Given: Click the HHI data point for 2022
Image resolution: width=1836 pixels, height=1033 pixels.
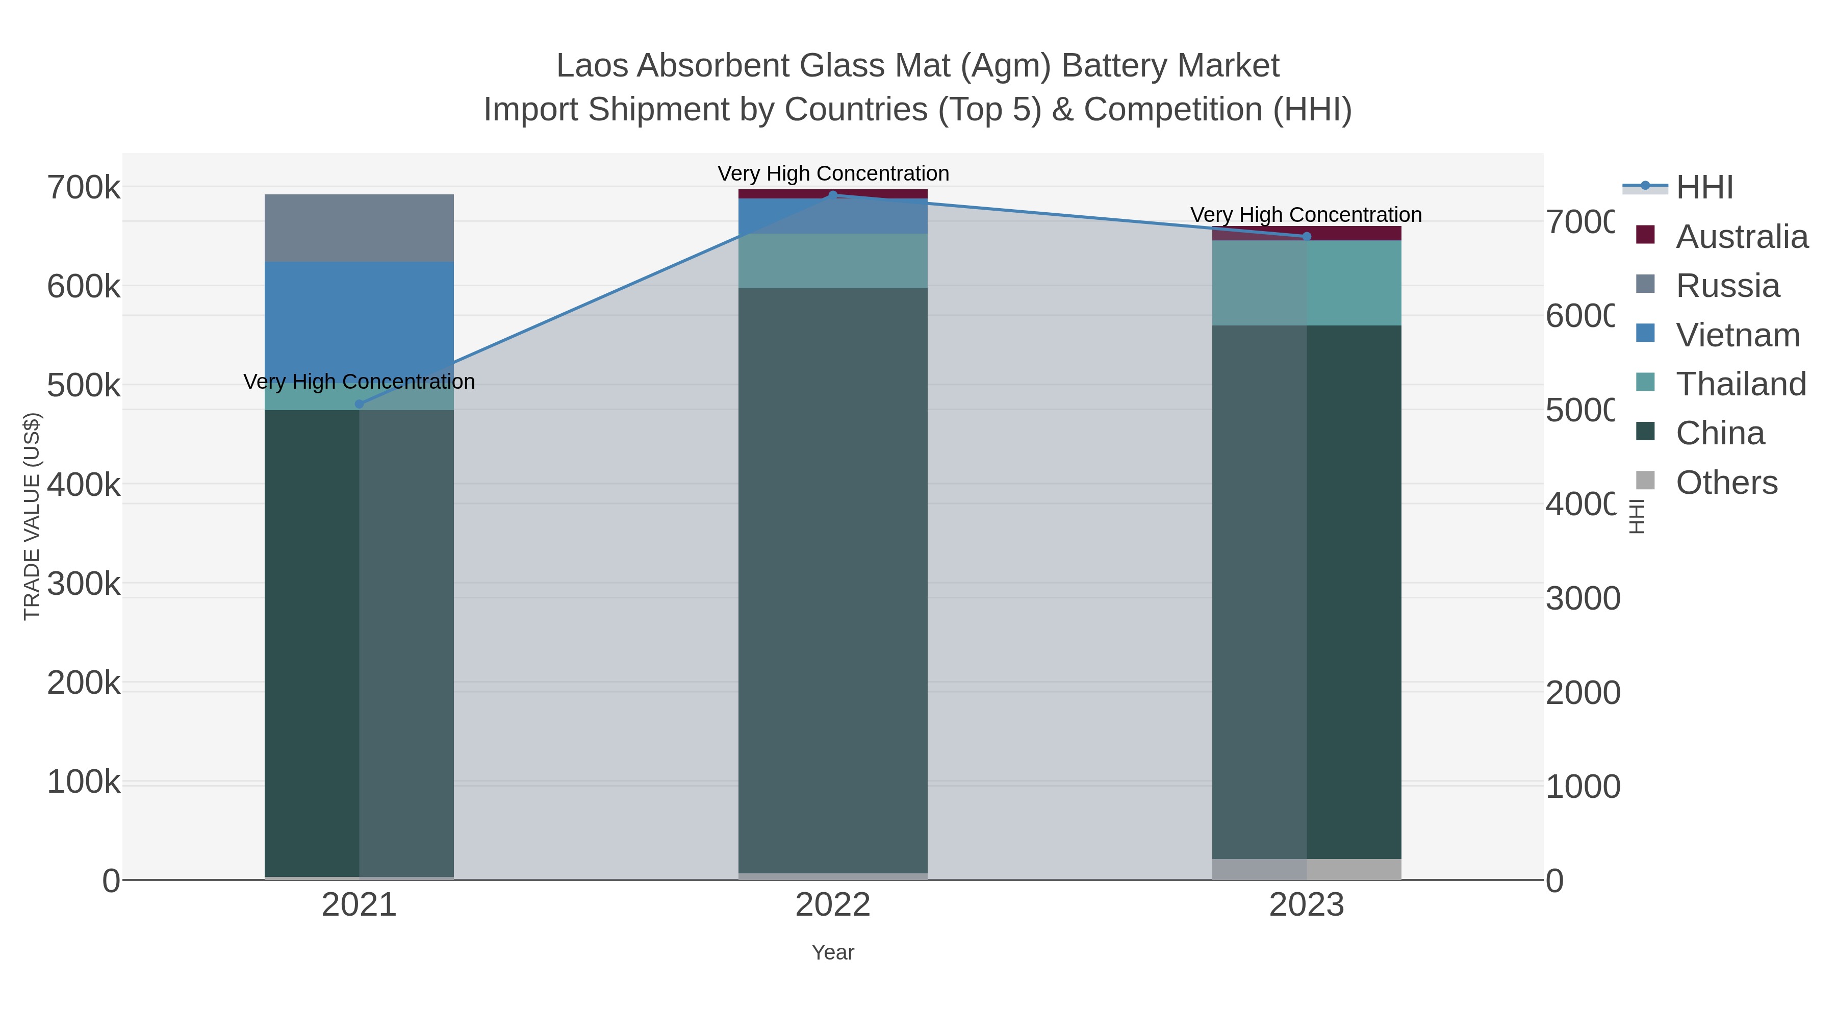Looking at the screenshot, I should coord(832,195).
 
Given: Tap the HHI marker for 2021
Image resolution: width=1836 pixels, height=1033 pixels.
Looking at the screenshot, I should coord(359,404).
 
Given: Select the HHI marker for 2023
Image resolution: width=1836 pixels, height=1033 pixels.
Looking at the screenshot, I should coord(1307,237).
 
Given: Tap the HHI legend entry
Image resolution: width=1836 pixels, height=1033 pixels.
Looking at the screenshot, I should coord(1704,188).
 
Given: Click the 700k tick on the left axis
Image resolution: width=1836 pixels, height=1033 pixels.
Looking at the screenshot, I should coord(84,188).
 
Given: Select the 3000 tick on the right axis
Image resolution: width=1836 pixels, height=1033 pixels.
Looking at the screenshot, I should coord(1582,599).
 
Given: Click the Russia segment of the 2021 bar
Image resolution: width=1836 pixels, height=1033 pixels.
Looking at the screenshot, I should coord(359,228).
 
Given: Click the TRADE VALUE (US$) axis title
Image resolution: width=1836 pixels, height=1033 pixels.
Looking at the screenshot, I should coord(32,516).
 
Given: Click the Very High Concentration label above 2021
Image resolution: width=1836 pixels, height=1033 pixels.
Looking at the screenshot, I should coord(359,382).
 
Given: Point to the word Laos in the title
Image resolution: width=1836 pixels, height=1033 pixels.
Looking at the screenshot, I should coord(592,66).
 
